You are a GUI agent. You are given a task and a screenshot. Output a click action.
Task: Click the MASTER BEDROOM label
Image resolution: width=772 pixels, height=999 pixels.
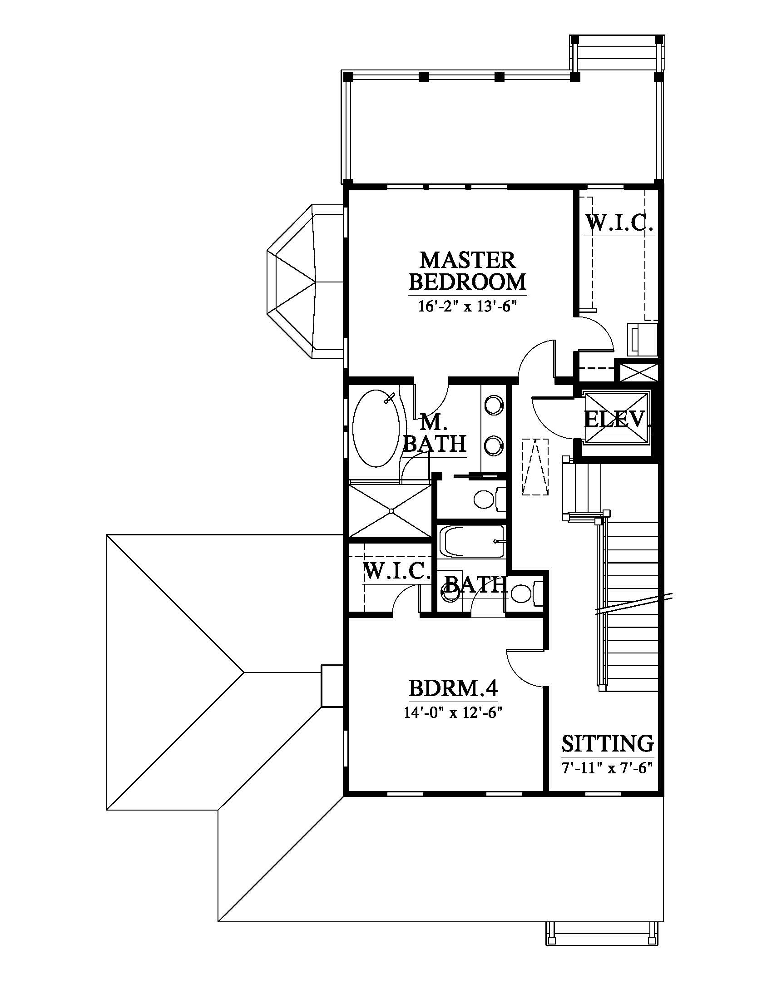pyautogui.click(x=467, y=271)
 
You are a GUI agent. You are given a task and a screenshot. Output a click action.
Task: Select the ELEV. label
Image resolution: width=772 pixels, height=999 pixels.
pyautogui.click(x=617, y=419)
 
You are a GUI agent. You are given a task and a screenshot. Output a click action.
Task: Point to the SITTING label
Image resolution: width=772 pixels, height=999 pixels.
pyautogui.click(x=607, y=743)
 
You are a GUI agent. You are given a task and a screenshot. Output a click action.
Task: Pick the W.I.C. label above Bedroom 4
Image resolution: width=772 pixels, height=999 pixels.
pyautogui.click(x=397, y=572)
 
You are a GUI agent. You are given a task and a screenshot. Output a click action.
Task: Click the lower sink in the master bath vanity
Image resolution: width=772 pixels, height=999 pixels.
pyautogui.click(x=494, y=444)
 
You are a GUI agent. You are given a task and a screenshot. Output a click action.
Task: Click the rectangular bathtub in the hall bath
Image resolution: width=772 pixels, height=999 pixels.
pyautogui.click(x=471, y=542)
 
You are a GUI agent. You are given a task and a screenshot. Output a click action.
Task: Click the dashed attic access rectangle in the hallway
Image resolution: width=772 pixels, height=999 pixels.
pyautogui.click(x=534, y=466)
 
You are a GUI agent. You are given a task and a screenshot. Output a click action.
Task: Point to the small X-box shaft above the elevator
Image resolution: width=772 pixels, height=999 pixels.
pyautogui.click(x=636, y=371)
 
